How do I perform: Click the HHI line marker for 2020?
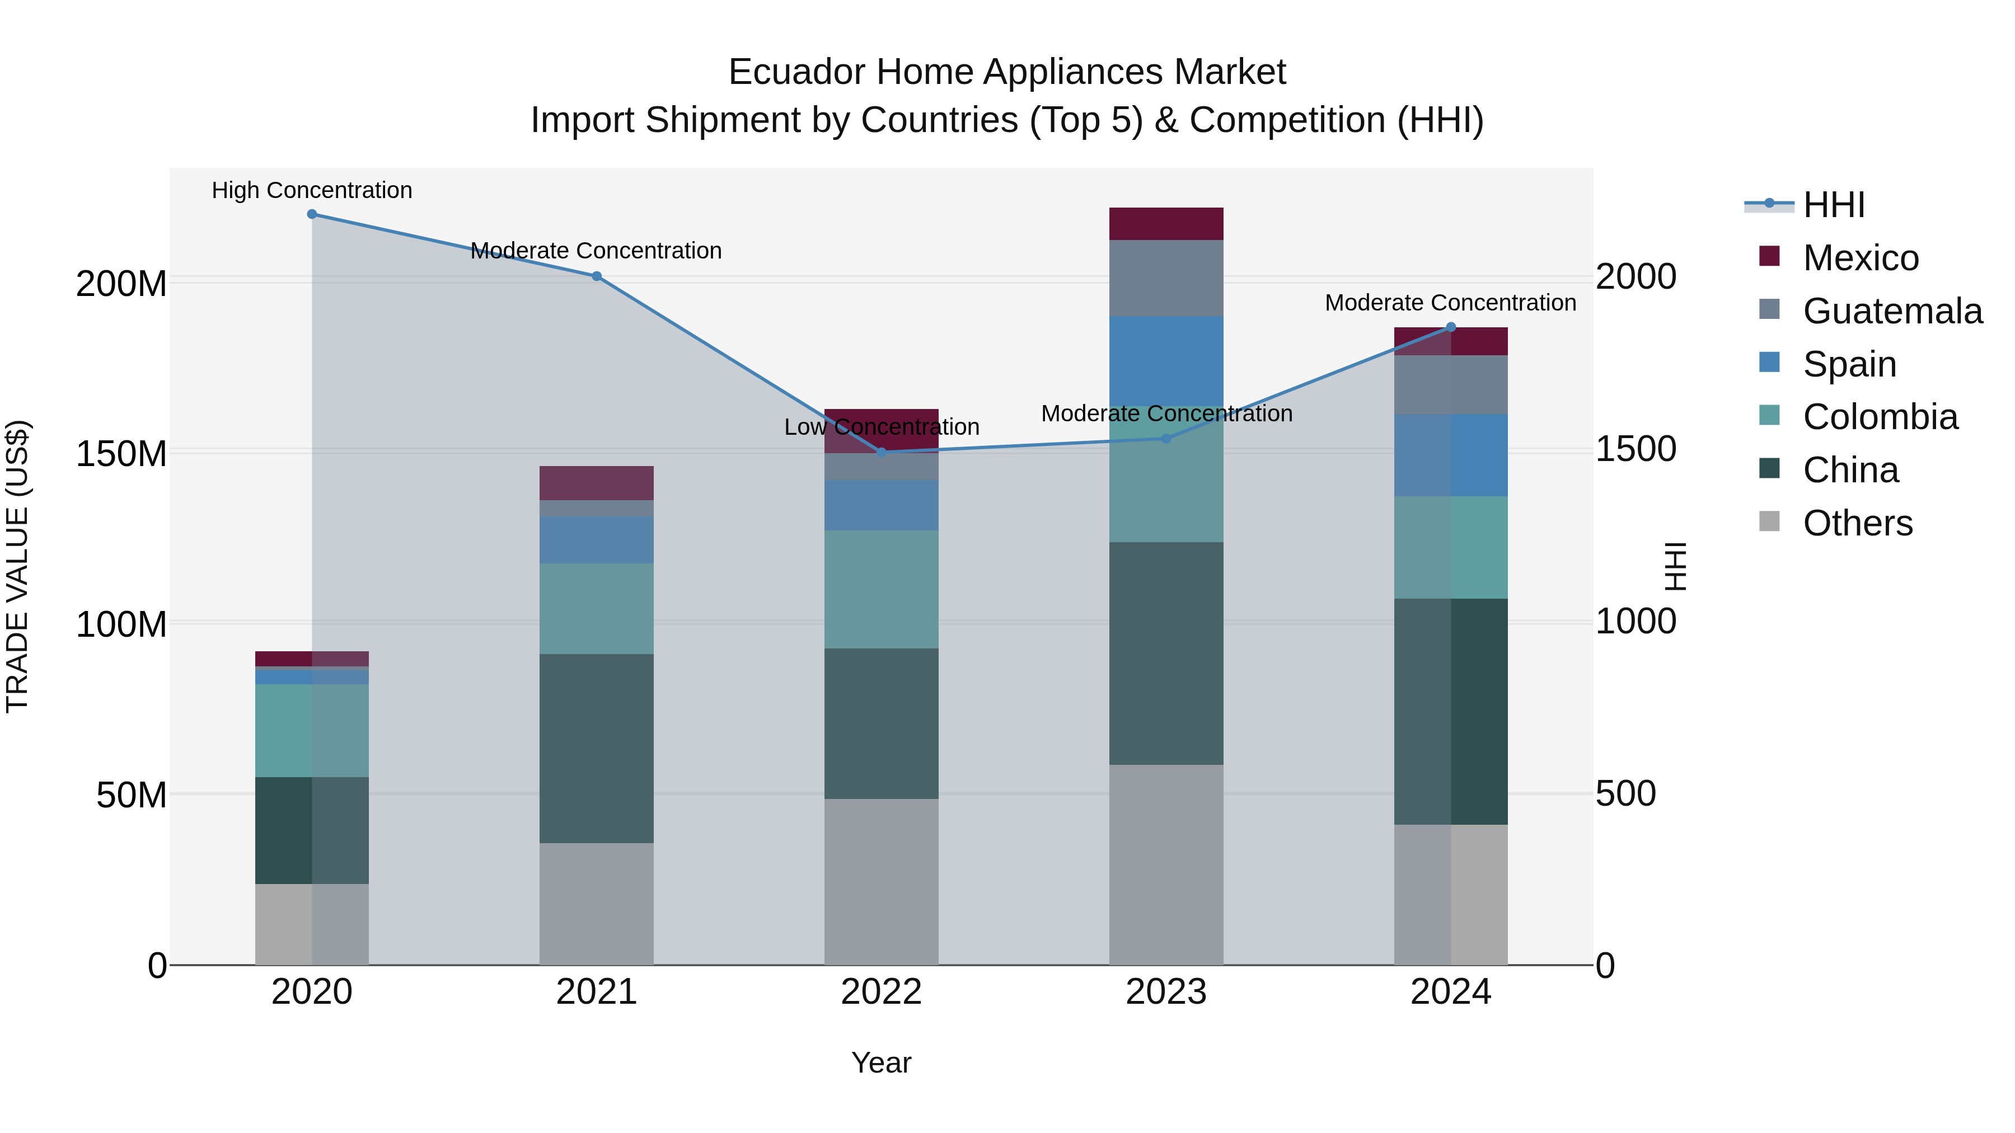pyautogui.click(x=312, y=214)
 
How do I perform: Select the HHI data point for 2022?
pyautogui.click(x=882, y=452)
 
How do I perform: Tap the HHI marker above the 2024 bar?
pyautogui.click(x=1451, y=328)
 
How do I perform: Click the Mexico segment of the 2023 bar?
pyautogui.click(x=1166, y=224)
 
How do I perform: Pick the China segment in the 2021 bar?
pyautogui.click(x=597, y=748)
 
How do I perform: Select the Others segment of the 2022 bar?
pyautogui.click(x=882, y=881)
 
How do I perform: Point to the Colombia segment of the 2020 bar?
pyautogui.click(x=312, y=730)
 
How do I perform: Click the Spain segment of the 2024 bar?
pyautogui.click(x=1451, y=455)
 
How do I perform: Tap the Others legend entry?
pyautogui.click(x=1857, y=523)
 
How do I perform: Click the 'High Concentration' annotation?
pyautogui.click(x=312, y=191)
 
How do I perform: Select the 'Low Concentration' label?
pyautogui.click(x=882, y=427)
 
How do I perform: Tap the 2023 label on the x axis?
pyautogui.click(x=1166, y=992)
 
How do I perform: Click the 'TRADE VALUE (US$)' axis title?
pyautogui.click(x=17, y=566)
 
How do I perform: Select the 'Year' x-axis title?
pyautogui.click(x=882, y=1063)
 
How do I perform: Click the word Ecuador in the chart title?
pyautogui.click(x=796, y=72)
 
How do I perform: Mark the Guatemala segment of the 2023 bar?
pyautogui.click(x=1166, y=278)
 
